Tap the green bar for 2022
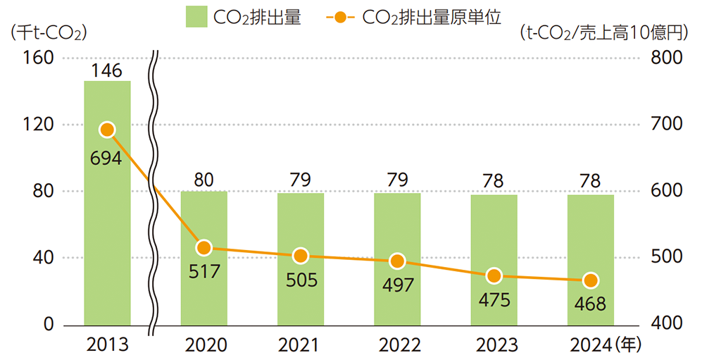click(x=397, y=296)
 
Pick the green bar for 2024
click(x=591, y=303)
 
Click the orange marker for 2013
click(x=107, y=130)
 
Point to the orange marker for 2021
click(x=301, y=256)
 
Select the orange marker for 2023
click(x=494, y=275)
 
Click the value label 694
click(x=106, y=158)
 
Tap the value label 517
click(x=204, y=271)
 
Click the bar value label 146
click(x=107, y=70)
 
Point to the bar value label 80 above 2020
click(x=204, y=180)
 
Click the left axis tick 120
click(x=40, y=125)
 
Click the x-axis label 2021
click(x=301, y=345)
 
